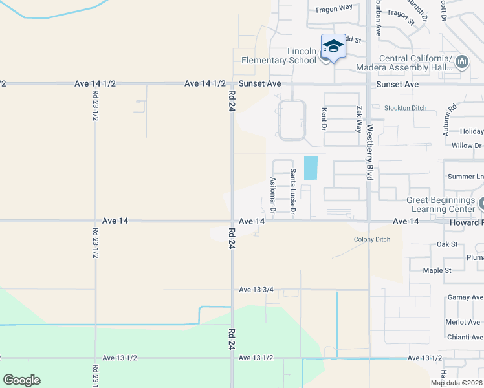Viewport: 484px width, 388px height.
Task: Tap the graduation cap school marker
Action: coord(333,46)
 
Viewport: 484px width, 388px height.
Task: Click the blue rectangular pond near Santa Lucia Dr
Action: coord(311,167)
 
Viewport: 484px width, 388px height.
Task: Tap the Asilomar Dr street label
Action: coord(273,195)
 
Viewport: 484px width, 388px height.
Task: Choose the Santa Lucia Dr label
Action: coord(293,191)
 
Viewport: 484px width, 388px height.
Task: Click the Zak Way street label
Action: coord(359,120)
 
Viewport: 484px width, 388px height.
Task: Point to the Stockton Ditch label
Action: coord(406,108)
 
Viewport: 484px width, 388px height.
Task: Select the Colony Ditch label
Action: coord(372,239)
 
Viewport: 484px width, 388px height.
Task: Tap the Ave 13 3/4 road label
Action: coord(259,290)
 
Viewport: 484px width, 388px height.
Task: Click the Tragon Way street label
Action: coord(333,10)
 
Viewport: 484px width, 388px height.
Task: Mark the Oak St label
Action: coord(447,244)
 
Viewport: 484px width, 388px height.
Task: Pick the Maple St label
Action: coord(437,270)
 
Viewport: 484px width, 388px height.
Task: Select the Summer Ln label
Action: coord(465,177)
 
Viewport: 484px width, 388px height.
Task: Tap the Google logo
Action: coord(21,380)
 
